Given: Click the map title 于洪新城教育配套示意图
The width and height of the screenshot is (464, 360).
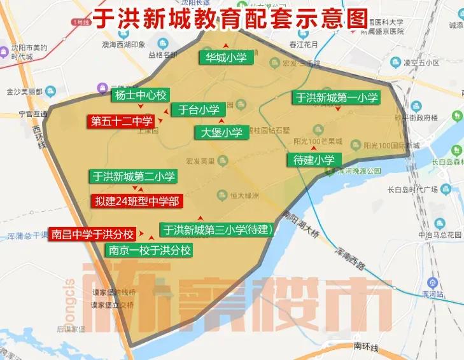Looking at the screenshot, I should [230, 17].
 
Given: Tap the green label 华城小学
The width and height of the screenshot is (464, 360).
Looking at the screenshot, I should [226, 58].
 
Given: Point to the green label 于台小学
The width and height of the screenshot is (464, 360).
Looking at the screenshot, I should [198, 109].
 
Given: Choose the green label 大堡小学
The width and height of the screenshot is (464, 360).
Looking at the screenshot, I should [221, 133].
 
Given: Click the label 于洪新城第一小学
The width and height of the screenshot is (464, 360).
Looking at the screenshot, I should [337, 98].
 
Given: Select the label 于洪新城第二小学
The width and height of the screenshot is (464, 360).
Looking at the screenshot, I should [134, 176].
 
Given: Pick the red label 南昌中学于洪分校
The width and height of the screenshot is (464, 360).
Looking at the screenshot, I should [93, 233].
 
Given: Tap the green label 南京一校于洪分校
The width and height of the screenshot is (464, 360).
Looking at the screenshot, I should [150, 250].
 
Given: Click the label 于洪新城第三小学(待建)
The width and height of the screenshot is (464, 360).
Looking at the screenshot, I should [216, 230].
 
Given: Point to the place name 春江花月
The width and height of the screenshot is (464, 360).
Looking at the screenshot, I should [303, 45].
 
